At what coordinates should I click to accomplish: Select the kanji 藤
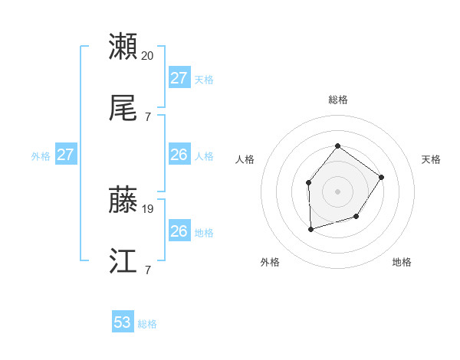(x=123, y=199)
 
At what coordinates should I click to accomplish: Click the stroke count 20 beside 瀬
(x=148, y=55)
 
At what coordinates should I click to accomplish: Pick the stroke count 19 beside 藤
(x=148, y=208)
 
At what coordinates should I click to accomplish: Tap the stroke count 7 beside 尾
(x=148, y=116)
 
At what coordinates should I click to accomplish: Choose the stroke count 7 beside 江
(x=148, y=270)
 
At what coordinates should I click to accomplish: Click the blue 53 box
(x=123, y=322)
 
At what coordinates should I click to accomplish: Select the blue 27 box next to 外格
(x=66, y=155)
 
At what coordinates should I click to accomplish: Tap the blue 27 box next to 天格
(x=179, y=78)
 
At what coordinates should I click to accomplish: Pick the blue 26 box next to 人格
(x=179, y=155)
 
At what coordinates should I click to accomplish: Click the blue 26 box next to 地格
(x=179, y=231)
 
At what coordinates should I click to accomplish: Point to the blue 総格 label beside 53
(x=147, y=324)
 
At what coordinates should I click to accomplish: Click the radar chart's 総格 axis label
(x=337, y=100)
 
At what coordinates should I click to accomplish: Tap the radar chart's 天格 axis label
(x=431, y=159)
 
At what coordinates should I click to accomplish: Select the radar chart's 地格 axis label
(x=402, y=262)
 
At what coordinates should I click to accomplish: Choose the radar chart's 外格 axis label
(x=270, y=262)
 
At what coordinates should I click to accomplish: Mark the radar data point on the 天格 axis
(x=381, y=178)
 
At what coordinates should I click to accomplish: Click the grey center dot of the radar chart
(x=337, y=191)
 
